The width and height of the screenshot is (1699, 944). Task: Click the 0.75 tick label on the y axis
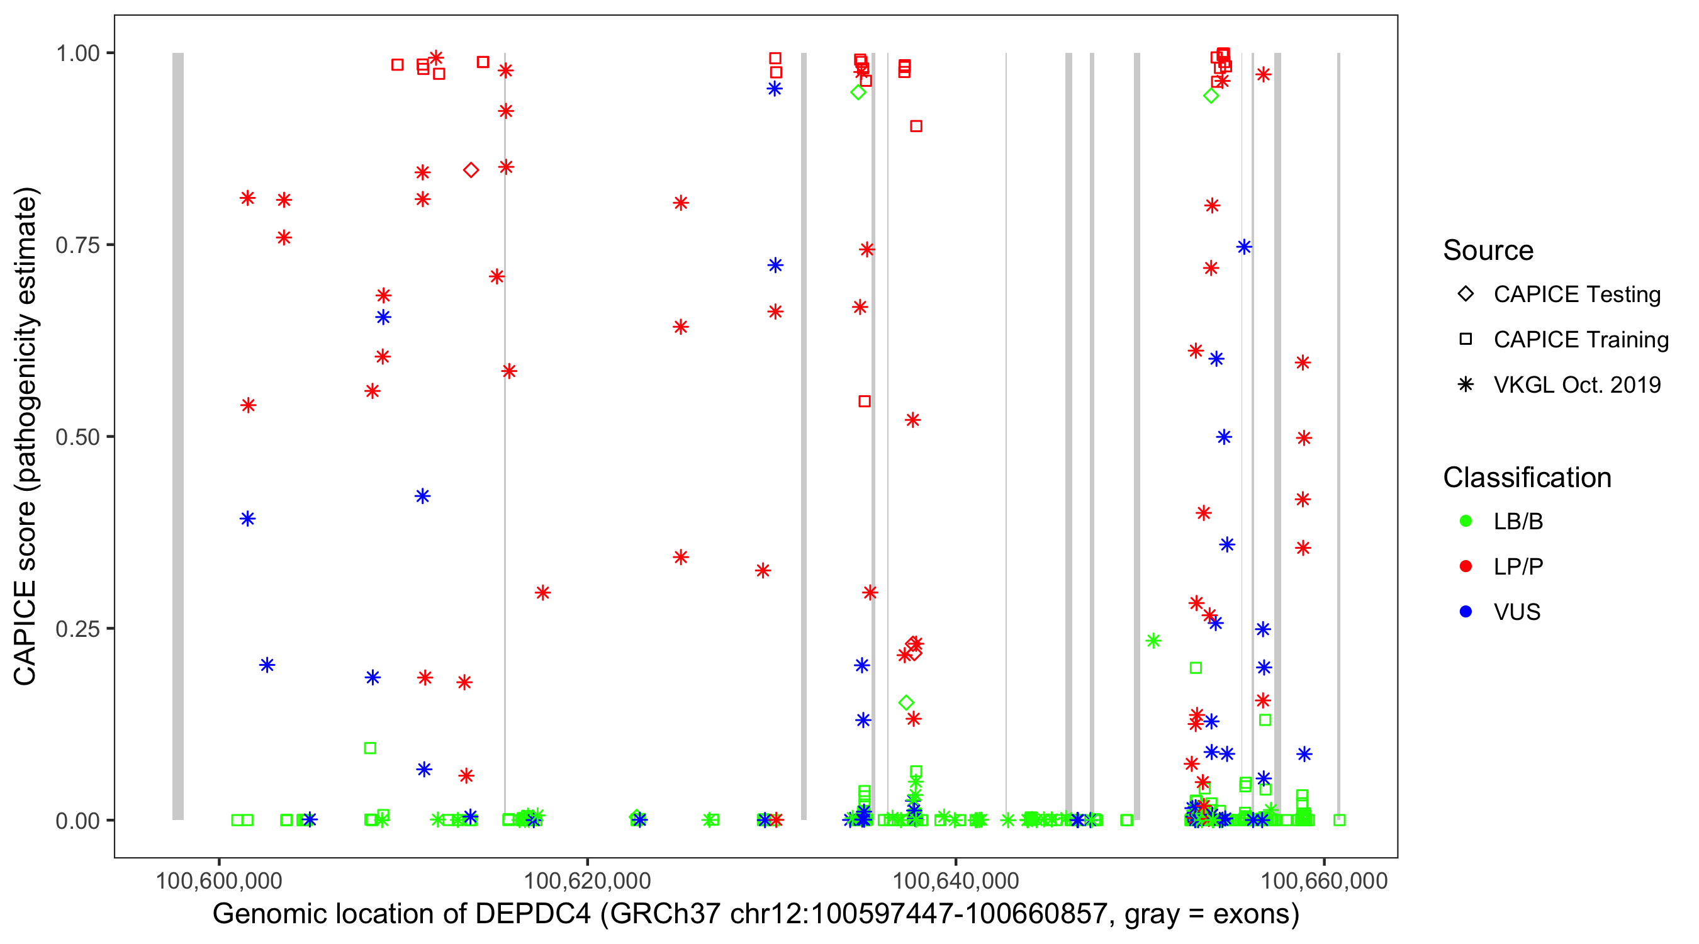click(x=77, y=245)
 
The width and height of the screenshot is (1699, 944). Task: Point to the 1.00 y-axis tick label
click(x=77, y=53)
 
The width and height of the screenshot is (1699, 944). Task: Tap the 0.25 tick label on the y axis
click(x=77, y=628)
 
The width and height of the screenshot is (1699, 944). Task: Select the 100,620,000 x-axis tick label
click(x=586, y=880)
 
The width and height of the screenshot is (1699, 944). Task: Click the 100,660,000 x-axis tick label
click(x=1324, y=880)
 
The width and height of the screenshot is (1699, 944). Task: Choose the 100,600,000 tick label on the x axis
click(x=218, y=880)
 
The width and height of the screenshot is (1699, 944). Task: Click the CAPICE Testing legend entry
click(x=1576, y=295)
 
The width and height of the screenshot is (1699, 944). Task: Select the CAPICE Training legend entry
click(x=1580, y=340)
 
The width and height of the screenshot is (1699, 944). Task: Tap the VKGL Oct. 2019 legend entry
click(x=1576, y=385)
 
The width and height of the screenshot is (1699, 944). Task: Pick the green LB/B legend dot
click(x=1466, y=521)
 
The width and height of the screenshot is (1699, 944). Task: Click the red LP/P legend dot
click(x=1466, y=566)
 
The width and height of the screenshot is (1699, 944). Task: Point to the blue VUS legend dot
click(x=1466, y=612)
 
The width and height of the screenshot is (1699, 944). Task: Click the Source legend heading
click(x=1488, y=250)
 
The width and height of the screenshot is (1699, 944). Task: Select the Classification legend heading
click(x=1527, y=478)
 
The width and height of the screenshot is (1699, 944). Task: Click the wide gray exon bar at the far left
click(x=178, y=435)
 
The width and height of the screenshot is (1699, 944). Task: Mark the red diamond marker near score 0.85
click(x=470, y=170)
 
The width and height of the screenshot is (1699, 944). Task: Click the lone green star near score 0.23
click(x=1153, y=641)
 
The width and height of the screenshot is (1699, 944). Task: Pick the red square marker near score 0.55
click(x=864, y=401)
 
